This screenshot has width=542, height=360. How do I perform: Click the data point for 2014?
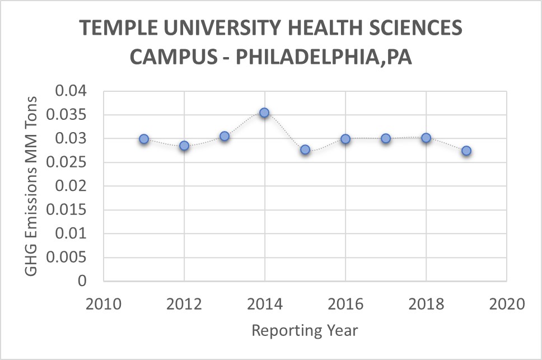pos(264,113)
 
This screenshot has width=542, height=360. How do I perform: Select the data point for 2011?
pos(144,139)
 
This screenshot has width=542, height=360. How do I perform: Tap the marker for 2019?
pos(466,151)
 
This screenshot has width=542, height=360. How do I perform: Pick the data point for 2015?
pos(305,149)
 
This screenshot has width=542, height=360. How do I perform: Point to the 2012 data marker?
pos(184,146)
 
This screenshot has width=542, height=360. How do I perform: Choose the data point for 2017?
pos(386,138)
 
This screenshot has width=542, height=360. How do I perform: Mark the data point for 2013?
pos(225,136)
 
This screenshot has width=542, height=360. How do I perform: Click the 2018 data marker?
pos(426,138)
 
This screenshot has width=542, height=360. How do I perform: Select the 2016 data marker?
pos(345,139)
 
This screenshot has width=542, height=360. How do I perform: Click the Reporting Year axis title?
pos(305,330)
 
